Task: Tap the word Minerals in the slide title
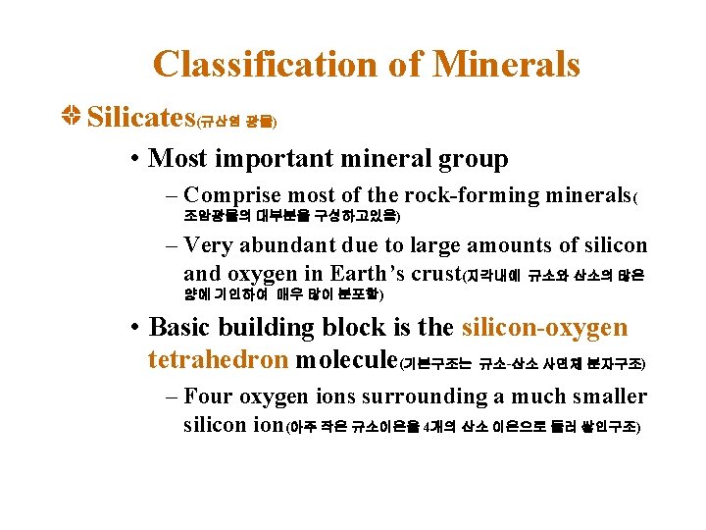506,65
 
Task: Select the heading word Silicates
141,119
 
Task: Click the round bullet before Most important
134,159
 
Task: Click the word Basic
186,327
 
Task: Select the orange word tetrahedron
218,359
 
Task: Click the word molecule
345,359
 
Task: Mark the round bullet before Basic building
134,328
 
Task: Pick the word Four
207,397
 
